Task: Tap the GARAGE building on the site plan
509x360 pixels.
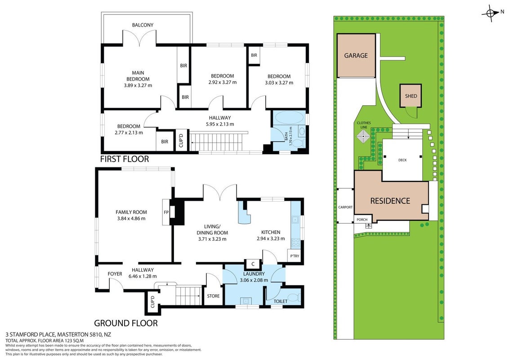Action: click(356, 55)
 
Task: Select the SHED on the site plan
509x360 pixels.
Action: click(411, 96)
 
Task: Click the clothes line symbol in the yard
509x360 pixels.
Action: click(363, 136)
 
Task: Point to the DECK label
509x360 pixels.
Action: click(402, 160)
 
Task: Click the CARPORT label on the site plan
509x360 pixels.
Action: click(345, 207)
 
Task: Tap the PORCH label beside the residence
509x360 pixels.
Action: click(362, 220)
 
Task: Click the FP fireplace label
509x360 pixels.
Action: click(166, 212)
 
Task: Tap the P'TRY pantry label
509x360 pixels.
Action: click(295, 256)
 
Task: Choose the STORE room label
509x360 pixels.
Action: click(213, 296)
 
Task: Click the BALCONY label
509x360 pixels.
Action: click(143, 25)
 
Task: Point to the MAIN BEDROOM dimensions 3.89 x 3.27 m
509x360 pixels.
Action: click(138, 85)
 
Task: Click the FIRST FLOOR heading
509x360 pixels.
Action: click(125, 159)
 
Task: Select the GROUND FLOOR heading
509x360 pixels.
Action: click(126, 323)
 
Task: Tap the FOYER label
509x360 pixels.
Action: click(115, 274)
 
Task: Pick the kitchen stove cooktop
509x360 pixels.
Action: click(295, 243)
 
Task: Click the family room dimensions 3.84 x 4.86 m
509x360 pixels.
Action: click(131, 218)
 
